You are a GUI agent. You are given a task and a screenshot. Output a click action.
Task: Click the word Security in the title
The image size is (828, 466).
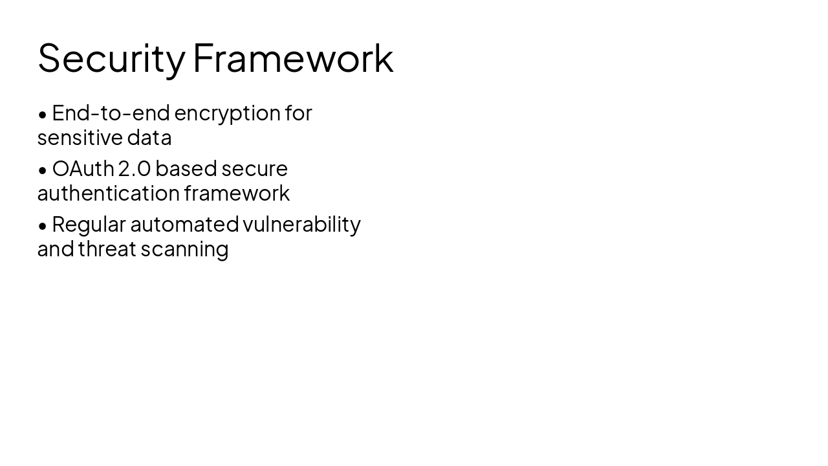(111, 58)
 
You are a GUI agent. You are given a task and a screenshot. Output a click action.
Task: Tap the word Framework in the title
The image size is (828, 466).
(293, 58)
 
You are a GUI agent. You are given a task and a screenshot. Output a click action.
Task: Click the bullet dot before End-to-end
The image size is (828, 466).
(43, 115)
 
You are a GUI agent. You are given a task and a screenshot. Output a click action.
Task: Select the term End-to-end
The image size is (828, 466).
(111, 113)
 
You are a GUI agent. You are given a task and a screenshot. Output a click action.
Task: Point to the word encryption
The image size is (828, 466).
(227, 114)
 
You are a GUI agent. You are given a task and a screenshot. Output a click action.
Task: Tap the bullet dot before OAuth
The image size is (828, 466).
(43, 170)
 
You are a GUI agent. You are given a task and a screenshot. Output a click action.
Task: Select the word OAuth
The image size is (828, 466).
(83, 169)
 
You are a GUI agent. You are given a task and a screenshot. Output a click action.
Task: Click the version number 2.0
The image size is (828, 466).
(135, 169)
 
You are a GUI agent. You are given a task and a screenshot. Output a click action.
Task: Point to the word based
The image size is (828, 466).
(186, 169)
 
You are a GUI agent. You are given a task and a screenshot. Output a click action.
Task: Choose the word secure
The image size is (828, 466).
(255, 170)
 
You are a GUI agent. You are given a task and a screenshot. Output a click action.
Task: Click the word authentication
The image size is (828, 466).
(108, 193)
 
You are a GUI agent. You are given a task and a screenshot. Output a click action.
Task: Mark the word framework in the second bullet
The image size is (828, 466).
(237, 193)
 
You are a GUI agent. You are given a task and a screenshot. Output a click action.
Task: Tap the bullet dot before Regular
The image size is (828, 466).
(43, 226)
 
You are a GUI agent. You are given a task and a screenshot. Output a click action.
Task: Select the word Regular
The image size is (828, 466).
(89, 225)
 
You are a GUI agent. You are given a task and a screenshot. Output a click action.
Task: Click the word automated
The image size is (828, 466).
(184, 225)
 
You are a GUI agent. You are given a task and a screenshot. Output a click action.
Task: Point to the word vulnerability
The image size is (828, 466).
(301, 225)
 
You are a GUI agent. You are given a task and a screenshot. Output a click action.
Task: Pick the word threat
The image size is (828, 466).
(107, 249)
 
